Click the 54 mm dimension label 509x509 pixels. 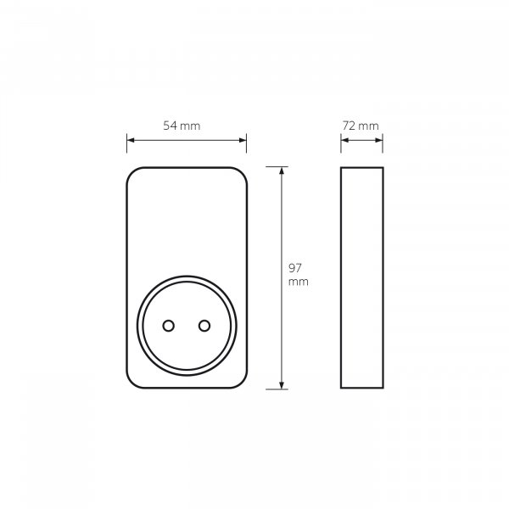click(x=182, y=126)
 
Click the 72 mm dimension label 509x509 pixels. click(x=361, y=126)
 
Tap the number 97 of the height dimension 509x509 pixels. click(x=295, y=268)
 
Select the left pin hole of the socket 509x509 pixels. click(x=169, y=326)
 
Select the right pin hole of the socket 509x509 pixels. click(x=204, y=326)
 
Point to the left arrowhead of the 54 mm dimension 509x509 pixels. click(x=131, y=140)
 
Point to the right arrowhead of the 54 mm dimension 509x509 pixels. click(x=243, y=140)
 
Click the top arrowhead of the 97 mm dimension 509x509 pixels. click(x=282, y=171)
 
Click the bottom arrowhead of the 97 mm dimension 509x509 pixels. click(x=282, y=385)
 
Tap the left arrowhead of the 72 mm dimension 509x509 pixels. click(x=344, y=140)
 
